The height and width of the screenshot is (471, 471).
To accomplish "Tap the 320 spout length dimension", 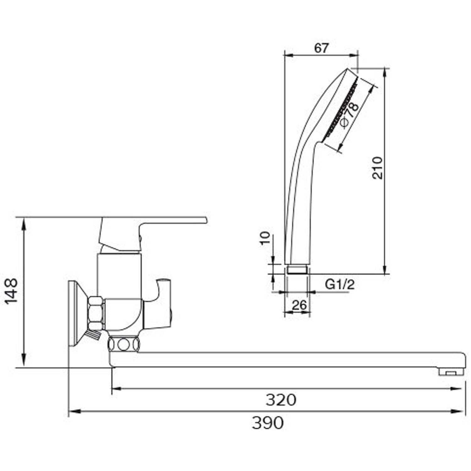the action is click(x=281, y=400).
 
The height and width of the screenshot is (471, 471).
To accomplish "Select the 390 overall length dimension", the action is click(x=268, y=423).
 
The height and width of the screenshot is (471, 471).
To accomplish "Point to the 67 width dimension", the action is click(x=321, y=48).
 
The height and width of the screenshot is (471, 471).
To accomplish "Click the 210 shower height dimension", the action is click(x=378, y=168).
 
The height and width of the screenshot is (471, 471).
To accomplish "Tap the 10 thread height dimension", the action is click(x=265, y=238).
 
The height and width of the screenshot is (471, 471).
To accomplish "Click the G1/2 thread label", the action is click(x=340, y=284).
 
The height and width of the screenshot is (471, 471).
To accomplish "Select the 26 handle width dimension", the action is click(x=299, y=305).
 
